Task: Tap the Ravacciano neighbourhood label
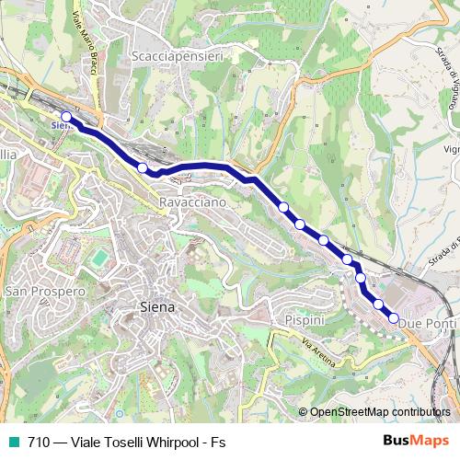192,201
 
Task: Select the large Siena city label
156,307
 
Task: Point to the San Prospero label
45,291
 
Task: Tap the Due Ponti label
428,324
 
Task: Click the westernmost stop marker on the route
66,117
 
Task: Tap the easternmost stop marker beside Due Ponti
394,318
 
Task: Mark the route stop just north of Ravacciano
143,167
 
